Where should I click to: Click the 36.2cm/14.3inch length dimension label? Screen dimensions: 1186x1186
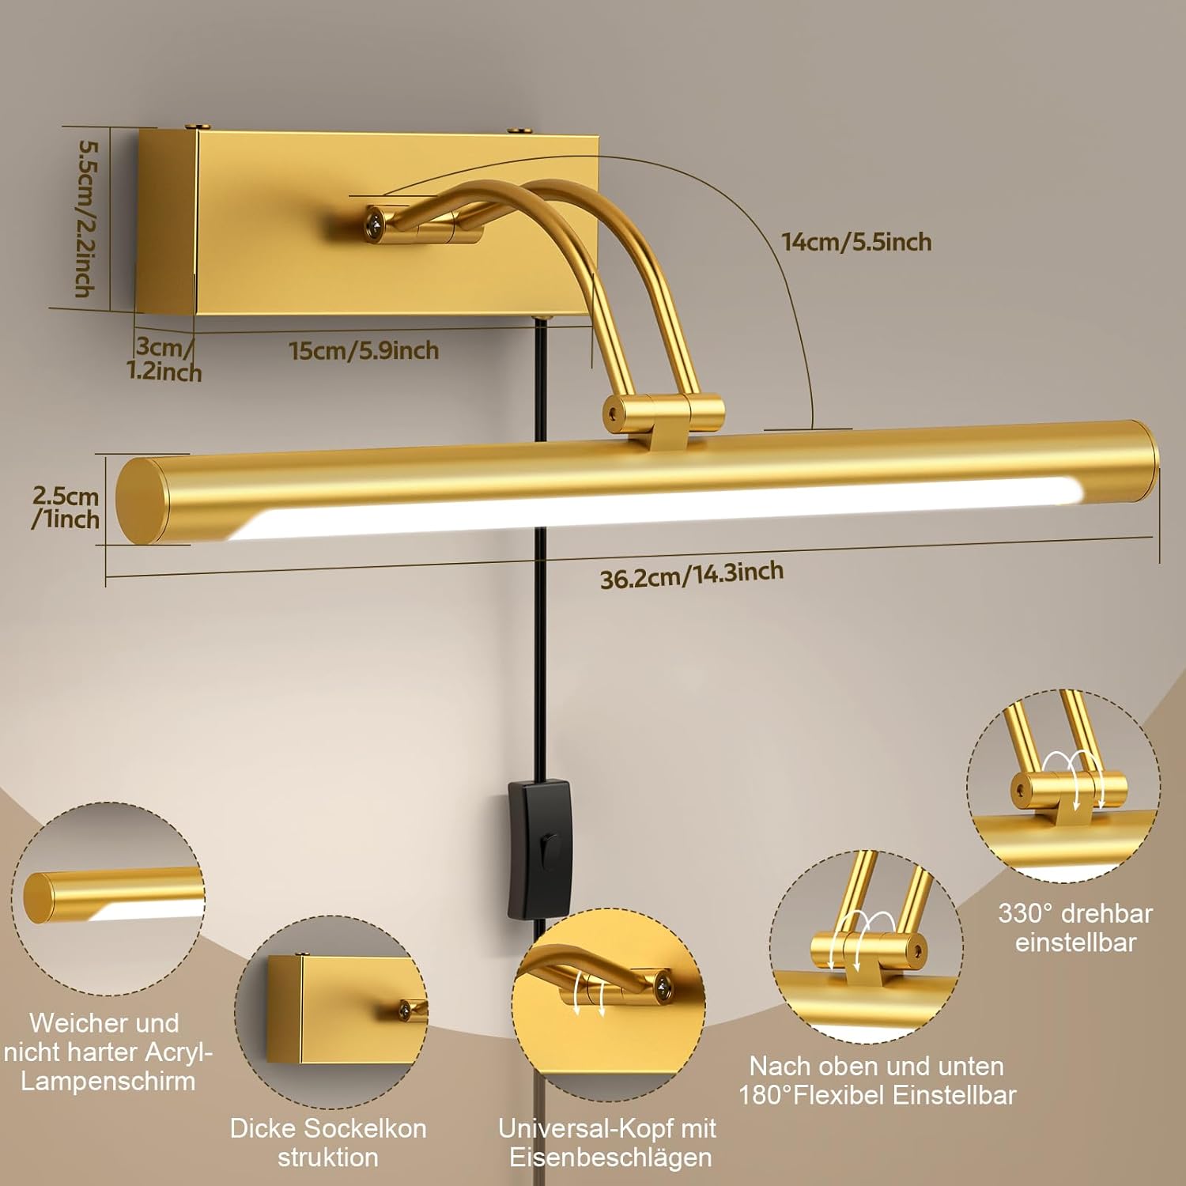click(x=692, y=575)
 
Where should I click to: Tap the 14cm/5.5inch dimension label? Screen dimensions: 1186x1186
click(x=856, y=242)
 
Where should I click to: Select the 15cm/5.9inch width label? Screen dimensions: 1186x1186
click(x=364, y=350)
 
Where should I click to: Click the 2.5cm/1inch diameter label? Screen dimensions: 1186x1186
click(x=66, y=508)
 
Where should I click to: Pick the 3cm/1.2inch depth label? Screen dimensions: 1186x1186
click(x=164, y=360)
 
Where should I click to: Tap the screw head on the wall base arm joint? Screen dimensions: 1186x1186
click(x=375, y=224)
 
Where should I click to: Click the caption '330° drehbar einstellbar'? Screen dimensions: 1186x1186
click(x=1075, y=927)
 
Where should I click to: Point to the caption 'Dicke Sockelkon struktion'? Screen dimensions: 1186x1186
click(x=328, y=1143)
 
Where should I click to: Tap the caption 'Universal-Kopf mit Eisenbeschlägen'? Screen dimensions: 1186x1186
click(x=607, y=1143)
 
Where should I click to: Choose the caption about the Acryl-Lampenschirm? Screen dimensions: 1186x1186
click(x=108, y=1052)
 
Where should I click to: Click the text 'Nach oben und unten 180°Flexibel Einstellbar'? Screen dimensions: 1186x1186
click(x=877, y=1080)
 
